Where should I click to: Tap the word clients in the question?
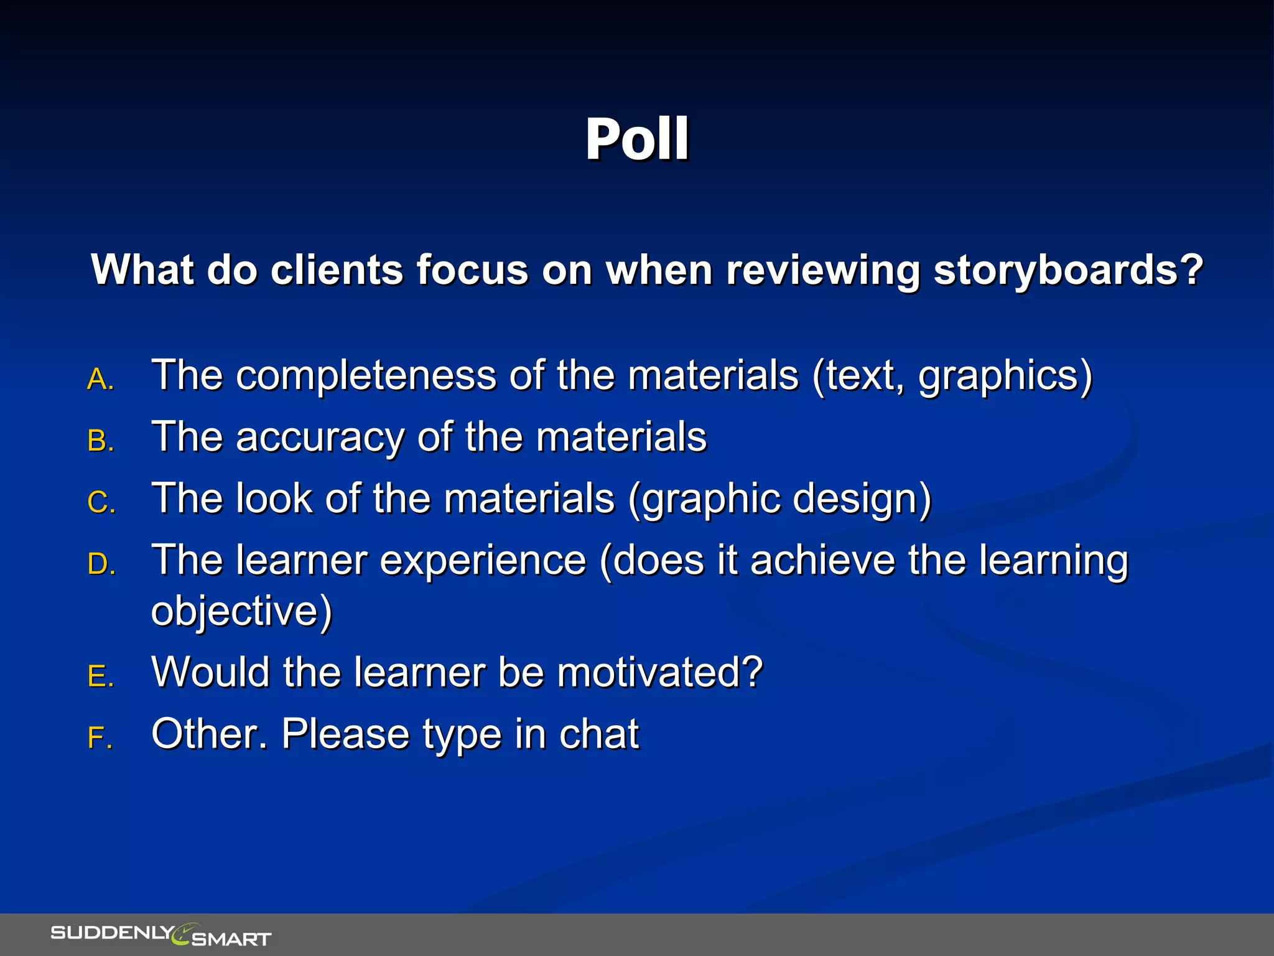point(337,270)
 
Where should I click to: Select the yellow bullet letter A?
point(100,379)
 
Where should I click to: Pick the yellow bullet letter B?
point(100,441)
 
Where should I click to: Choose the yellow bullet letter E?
point(100,676)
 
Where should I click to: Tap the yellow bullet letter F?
point(100,738)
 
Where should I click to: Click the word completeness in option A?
point(366,376)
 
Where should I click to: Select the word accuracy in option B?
point(320,437)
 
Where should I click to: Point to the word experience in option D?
point(483,560)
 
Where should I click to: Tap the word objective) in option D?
point(241,611)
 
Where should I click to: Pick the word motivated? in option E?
point(659,672)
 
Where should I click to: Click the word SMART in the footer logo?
point(231,939)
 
